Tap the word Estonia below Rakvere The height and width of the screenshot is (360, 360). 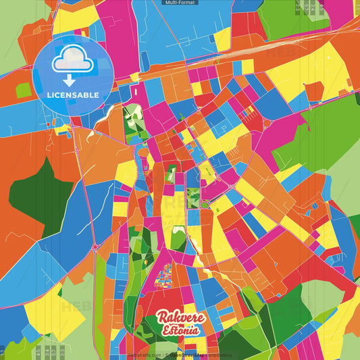click(x=181, y=331)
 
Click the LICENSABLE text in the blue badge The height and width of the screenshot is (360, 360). click(x=73, y=95)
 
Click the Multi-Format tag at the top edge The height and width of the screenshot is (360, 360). click(x=180, y=3)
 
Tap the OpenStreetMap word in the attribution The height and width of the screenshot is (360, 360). click(x=190, y=355)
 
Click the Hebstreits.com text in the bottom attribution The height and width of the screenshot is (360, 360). click(x=143, y=355)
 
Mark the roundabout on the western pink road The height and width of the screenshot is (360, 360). click(x=95, y=247)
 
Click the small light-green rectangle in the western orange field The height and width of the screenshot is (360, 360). click(x=24, y=90)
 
